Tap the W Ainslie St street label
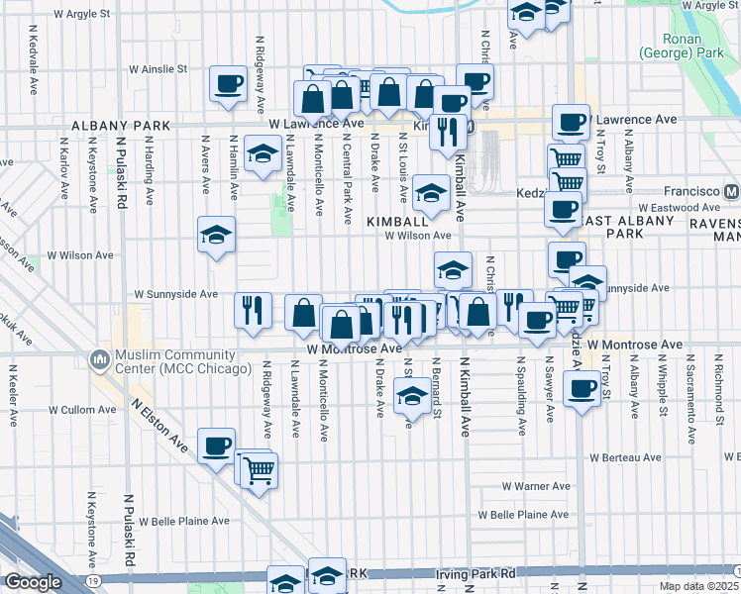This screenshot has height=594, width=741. click(159, 69)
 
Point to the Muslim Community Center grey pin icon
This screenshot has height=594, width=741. click(99, 357)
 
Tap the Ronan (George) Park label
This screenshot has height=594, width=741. click(680, 45)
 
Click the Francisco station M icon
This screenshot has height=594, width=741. click(731, 191)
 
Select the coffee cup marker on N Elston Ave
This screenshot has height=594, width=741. click(216, 446)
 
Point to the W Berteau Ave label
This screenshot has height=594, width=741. click(624, 457)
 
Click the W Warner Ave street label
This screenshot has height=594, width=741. click(536, 486)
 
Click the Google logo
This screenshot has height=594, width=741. click(33, 582)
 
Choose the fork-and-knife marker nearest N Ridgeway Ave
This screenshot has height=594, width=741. click(253, 310)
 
